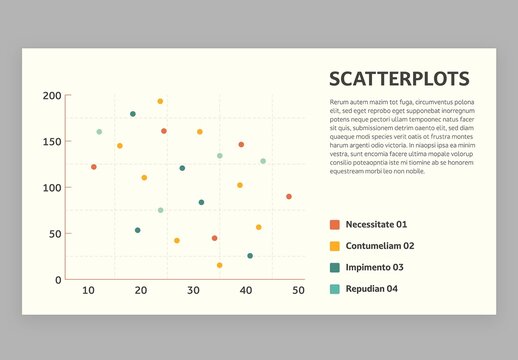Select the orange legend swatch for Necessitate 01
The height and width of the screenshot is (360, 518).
[x=335, y=225]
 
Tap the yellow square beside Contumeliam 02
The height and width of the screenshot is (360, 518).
[x=335, y=246]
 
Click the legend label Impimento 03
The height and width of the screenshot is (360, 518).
[x=375, y=267]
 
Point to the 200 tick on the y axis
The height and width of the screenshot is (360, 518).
[x=51, y=96]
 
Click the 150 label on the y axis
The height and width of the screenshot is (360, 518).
[x=51, y=142]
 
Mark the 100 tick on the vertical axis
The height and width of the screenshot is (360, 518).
[x=51, y=188]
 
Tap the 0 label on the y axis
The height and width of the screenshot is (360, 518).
[x=58, y=280]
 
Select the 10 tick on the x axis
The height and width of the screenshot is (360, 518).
[x=88, y=291]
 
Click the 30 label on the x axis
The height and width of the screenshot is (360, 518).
[x=193, y=291]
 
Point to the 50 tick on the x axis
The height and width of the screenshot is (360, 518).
[x=298, y=291]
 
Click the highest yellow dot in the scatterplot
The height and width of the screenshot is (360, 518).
[x=160, y=101]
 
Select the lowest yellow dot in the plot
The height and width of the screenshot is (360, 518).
[x=220, y=265]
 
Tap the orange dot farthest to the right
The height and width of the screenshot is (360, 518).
[x=289, y=197]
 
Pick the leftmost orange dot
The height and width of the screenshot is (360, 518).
[x=94, y=167]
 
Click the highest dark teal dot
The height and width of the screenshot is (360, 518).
[x=133, y=114]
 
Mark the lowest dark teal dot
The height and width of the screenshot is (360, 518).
[x=250, y=256]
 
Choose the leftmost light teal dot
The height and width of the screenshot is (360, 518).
[x=99, y=132]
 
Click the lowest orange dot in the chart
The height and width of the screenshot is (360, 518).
[x=215, y=238]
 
